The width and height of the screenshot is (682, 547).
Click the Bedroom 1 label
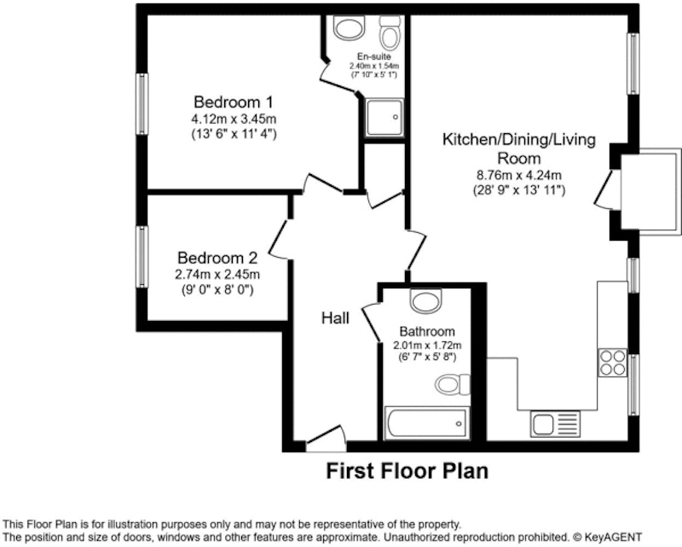coord(234,102)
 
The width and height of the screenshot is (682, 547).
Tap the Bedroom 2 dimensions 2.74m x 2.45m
coord(217,275)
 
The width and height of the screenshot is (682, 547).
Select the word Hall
coord(335,318)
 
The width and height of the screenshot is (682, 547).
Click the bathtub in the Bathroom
coord(427,423)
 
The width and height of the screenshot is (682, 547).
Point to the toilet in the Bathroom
coord(453,384)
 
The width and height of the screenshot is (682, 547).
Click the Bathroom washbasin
coord(426,300)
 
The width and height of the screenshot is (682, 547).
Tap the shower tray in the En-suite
coord(384,118)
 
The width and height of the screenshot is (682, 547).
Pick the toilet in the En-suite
coord(390,32)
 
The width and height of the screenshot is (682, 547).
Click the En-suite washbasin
coord(349,27)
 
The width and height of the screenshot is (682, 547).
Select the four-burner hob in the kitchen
coord(612,363)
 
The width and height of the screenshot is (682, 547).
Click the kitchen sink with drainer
coord(555,424)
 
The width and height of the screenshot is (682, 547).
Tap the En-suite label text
coord(374,56)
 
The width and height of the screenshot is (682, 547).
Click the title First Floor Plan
coord(407,471)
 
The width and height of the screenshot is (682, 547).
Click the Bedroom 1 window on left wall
coord(142,103)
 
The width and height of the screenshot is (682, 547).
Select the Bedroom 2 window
coord(142,257)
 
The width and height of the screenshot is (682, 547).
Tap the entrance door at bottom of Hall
coord(326,439)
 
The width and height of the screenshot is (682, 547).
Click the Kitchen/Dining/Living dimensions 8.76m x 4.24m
coord(519,175)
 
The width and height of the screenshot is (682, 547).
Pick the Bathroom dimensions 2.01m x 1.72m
coord(427,346)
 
